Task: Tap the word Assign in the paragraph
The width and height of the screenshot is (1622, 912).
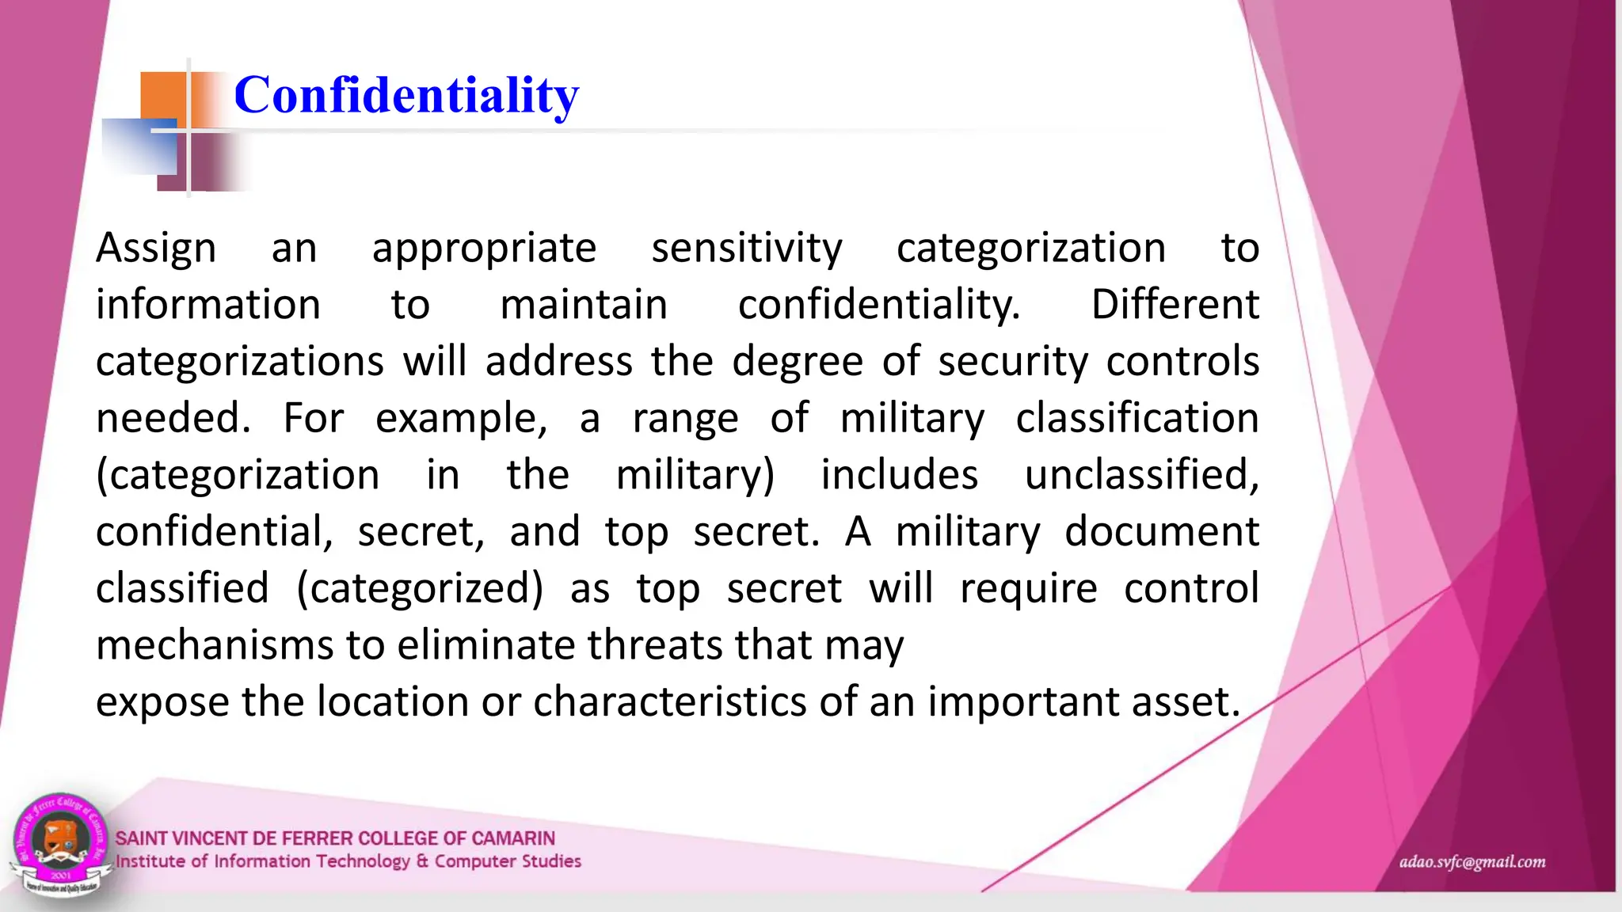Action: click(156, 249)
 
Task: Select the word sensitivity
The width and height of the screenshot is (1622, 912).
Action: click(747, 249)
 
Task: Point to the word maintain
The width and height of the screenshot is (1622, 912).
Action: click(584, 306)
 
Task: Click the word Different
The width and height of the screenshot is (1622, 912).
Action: click(1175, 306)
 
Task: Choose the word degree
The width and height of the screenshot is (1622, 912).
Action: click(797, 363)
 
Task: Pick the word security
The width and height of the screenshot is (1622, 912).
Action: click(1013, 363)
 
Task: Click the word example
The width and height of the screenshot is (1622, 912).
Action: click(460, 419)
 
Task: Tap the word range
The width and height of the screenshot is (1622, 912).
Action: click(685, 419)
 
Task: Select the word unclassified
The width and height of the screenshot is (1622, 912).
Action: click(1141, 476)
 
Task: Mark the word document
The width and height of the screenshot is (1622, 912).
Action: click(1161, 532)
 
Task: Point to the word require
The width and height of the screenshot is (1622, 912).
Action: click(1028, 589)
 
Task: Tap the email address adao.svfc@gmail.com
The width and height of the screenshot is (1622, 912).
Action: click(1472, 862)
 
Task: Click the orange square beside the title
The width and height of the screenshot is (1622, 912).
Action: click(163, 97)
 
